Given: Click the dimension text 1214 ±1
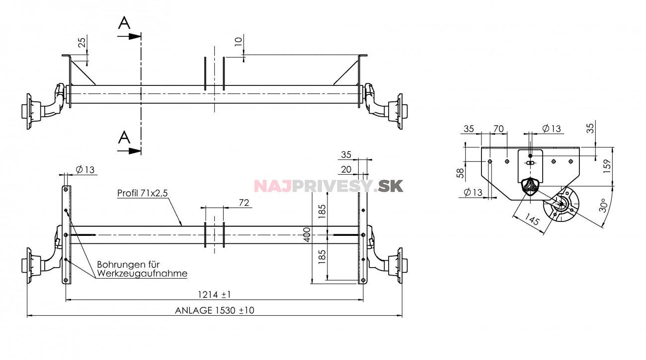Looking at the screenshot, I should pos(214,295).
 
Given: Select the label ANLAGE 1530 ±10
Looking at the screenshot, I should pos(214,310).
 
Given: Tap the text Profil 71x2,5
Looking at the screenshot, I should pos(140,193).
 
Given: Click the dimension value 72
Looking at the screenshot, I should pos(243,203).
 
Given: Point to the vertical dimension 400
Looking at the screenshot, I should pos(307,234).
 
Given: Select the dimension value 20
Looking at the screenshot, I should pos(346,170).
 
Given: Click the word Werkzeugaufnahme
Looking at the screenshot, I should pos(142,273).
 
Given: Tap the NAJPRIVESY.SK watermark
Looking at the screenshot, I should pos(328,186).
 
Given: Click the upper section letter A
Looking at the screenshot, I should pos(124,23).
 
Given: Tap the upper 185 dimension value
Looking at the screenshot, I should pos(322,211).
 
